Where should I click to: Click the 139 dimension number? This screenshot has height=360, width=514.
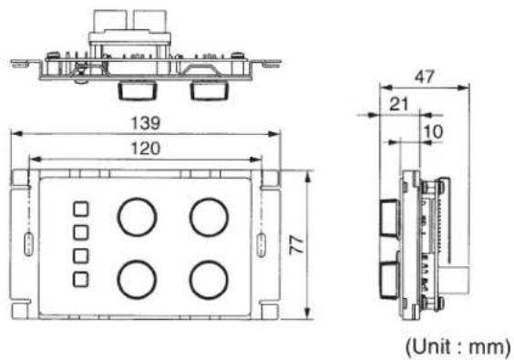point(146,123)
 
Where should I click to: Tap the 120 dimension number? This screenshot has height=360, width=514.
point(146,149)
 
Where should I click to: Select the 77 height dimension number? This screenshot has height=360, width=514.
point(297,245)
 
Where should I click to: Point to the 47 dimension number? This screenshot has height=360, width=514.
point(425,77)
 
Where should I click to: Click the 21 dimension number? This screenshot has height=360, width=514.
point(399,105)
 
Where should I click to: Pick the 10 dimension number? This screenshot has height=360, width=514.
point(434,132)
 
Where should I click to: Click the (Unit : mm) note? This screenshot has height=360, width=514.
point(457,347)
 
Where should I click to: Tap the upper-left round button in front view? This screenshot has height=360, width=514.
point(138,199)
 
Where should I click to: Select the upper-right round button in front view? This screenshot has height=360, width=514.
point(209,199)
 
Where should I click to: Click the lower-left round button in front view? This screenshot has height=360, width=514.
point(137,261)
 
